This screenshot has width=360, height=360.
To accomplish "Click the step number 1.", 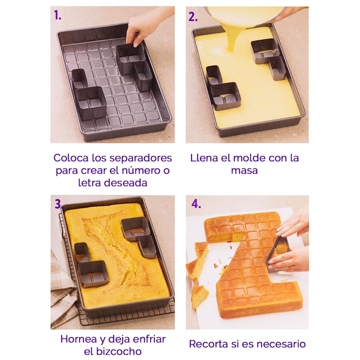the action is [58, 15].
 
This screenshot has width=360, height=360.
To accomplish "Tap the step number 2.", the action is [193, 16].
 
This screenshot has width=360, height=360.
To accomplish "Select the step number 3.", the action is [58, 204].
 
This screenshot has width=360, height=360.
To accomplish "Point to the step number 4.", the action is [196, 204].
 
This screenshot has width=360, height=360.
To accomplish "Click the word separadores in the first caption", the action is [140, 158].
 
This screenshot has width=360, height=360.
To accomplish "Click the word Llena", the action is [204, 158].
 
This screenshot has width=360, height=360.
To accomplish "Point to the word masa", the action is [244, 171].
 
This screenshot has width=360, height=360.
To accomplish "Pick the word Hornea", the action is [79, 339].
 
